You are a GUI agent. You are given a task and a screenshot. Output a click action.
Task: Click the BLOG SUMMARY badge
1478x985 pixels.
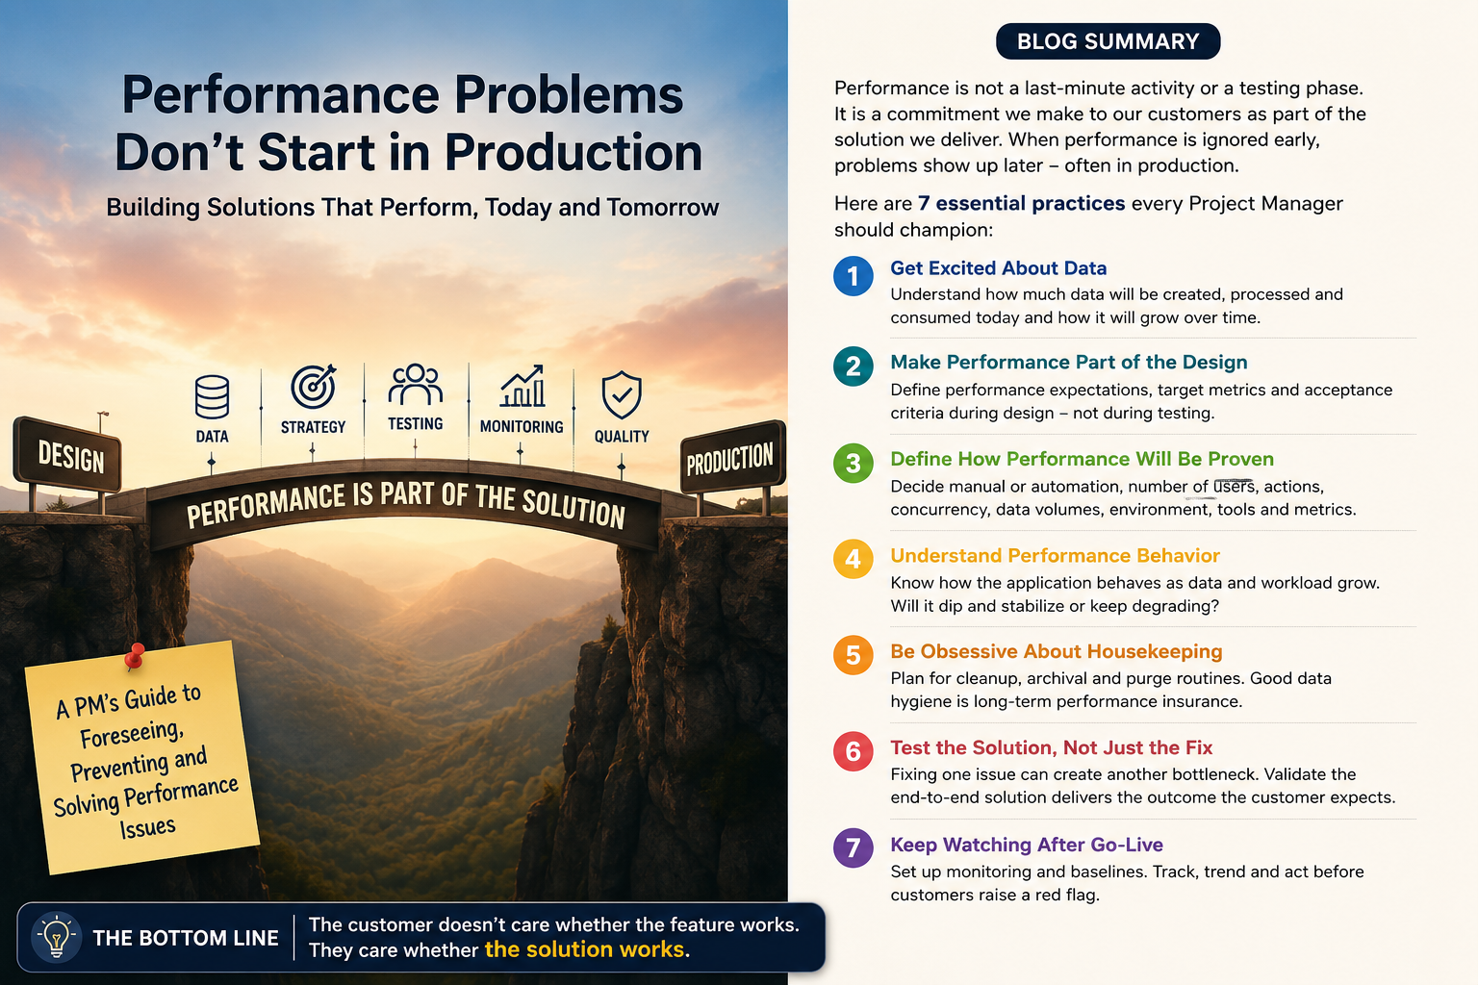coord(1108,41)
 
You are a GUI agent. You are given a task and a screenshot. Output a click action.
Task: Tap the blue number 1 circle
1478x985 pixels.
coord(854,276)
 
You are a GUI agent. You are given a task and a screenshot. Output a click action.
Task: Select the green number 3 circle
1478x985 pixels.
coord(854,463)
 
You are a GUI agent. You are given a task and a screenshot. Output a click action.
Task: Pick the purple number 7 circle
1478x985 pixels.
coord(854,847)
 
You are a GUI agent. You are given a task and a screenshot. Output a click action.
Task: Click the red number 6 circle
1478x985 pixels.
coord(854,751)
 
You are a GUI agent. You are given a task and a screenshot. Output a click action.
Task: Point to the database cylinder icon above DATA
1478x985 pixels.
coord(212,397)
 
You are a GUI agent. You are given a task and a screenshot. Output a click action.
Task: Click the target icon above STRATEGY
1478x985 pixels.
coord(314,387)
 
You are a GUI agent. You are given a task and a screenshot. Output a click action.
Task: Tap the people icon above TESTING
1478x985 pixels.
coord(415,384)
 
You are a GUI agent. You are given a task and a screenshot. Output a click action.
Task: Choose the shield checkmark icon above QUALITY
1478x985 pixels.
coord(622,395)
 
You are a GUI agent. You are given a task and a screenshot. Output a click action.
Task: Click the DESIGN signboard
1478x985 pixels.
coord(67,456)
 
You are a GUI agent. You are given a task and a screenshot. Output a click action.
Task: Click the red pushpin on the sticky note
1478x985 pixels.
coord(135,657)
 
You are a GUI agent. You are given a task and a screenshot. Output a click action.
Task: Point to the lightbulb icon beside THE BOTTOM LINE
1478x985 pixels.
coord(57,937)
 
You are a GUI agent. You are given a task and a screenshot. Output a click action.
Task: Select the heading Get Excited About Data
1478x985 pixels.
coord(998,267)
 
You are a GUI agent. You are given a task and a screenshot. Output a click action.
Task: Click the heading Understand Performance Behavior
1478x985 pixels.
coord(1055,556)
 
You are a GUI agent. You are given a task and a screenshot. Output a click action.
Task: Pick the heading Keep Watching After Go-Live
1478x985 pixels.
coord(1027,845)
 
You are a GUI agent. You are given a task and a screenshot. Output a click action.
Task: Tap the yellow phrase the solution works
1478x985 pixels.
coord(584,949)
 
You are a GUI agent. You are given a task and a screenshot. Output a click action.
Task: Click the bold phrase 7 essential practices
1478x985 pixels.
coord(1021,203)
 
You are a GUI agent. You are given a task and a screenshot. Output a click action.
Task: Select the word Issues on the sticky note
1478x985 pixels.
coord(148,827)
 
